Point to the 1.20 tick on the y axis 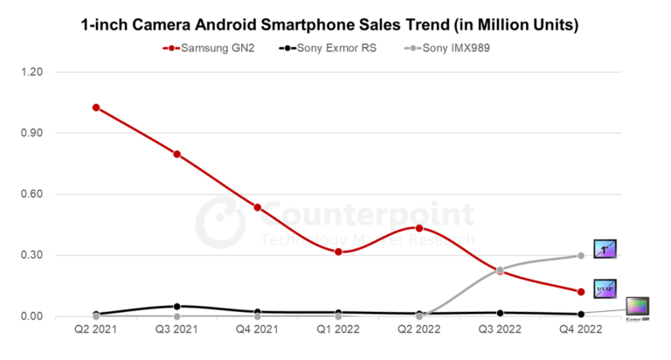pos(42,72)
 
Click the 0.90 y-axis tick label pos(42,133)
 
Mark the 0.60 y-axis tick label pos(42,194)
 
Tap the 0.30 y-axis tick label pos(42,255)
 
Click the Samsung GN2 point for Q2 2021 pos(96,107)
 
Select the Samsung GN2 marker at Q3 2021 pos(177,154)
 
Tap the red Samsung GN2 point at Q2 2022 pos(419,228)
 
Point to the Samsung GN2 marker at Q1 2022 pos(339,252)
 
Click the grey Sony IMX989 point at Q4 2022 pos(580,255)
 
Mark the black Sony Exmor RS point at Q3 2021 pos(177,307)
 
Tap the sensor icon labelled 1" pos(605,249)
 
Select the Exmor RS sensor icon pos(638,308)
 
